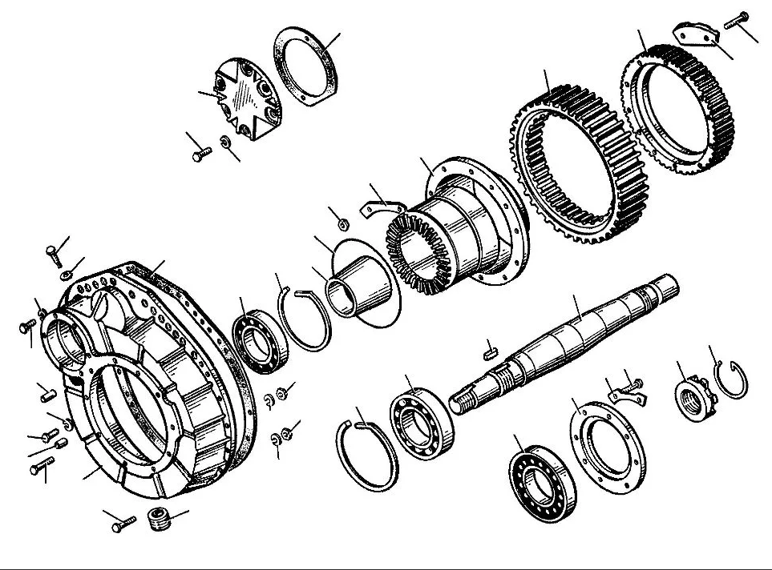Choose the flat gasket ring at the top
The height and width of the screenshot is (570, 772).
(x=307, y=66)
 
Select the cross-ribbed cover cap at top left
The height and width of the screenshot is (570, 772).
(x=248, y=100)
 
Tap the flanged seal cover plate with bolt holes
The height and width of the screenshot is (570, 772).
(x=608, y=445)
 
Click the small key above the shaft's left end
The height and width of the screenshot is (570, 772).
(x=491, y=349)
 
